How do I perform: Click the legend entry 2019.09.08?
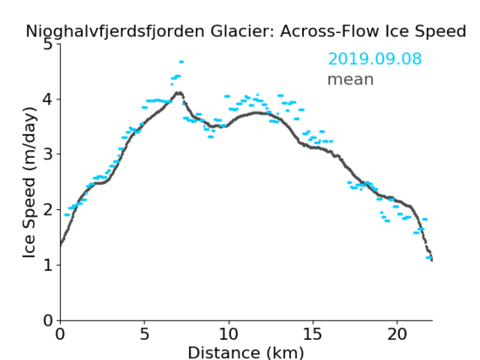pos(375,59)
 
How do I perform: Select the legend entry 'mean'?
pos(351,79)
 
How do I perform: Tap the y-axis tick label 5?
pos(48,45)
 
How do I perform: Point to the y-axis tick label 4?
pos(48,99)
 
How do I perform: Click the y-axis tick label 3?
pos(48,154)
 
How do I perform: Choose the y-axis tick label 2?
pos(48,210)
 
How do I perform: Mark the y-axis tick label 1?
pos(48,265)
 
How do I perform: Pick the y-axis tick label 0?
pos(48,320)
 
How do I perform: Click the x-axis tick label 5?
pos(144,334)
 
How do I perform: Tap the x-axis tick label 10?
pos(229,334)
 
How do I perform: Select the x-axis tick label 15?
pos(313,334)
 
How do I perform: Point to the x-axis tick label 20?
pos(397,334)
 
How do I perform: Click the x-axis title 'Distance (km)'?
pos(245,352)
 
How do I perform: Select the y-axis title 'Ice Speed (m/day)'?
pos(30,183)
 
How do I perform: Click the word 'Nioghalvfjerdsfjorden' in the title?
pos(115,31)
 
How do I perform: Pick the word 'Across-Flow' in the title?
pos(329,31)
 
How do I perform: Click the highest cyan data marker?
pos(181,62)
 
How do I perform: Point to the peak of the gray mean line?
pos(179,93)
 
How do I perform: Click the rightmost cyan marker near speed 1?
pos(429,257)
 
